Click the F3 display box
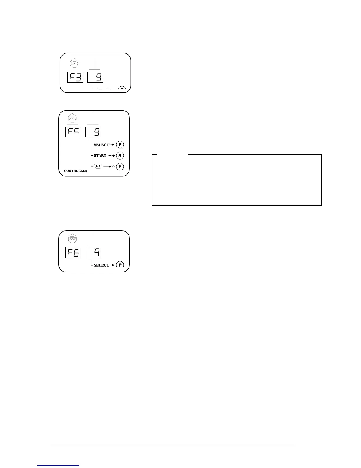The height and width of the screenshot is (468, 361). (75, 77)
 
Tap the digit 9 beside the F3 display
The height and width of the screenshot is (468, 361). (95, 77)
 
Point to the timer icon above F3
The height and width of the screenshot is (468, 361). (75, 63)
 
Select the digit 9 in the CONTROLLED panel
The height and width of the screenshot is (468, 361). (93, 132)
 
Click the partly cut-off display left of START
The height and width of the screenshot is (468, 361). (73, 132)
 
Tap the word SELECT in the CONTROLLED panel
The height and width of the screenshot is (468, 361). (101, 145)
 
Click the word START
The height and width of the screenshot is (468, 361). (100, 155)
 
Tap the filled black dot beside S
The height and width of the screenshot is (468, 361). (114, 156)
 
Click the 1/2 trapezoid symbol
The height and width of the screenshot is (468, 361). (98, 166)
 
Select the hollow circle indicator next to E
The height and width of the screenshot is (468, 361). (114, 167)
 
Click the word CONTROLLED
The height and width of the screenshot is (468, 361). (76, 171)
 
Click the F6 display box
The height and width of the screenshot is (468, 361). (73, 253)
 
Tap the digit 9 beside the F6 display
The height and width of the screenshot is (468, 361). (93, 253)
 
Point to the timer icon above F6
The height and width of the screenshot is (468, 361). (73, 238)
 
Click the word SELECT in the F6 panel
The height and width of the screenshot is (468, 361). (101, 265)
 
